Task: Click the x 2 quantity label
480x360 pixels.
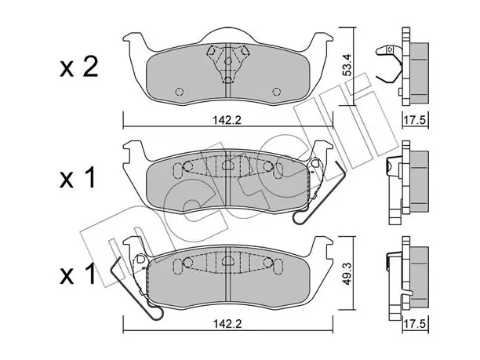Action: [x=78, y=67]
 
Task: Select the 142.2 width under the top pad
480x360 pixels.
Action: [x=227, y=120]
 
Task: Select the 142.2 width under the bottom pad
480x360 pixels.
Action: [x=227, y=324]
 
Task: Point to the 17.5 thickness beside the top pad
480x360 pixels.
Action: [x=414, y=120]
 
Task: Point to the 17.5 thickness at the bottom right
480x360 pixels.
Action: [x=414, y=325]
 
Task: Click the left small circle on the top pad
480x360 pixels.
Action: [x=180, y=92]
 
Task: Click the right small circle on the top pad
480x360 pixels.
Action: [x=276, y=92]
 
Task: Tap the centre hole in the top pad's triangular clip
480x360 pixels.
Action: [x=227, y=61]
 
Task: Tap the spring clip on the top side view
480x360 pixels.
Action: [x=389, y=64]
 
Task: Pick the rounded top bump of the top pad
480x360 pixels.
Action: [x=227, y=33]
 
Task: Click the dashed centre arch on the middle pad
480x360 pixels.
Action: [x=227, y=165]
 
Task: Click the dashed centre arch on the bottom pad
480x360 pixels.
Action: [x=227, y=260]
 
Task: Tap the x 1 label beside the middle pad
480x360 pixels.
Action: [x=78, y=179]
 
